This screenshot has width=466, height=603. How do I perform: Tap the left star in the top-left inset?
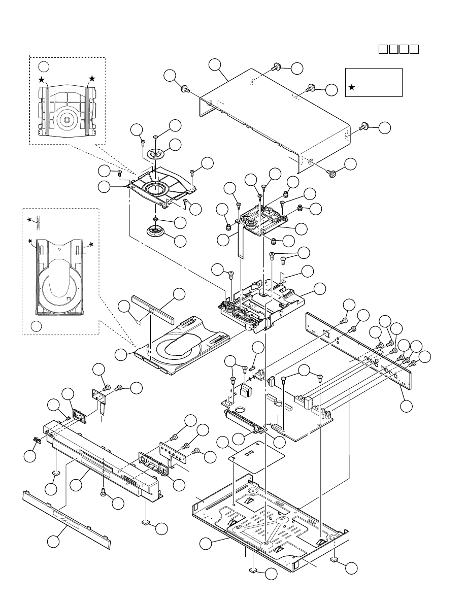tap(42, 80)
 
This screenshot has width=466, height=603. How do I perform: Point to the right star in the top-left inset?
tap(92, 79)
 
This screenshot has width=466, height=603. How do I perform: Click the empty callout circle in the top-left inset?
tap(45, 66)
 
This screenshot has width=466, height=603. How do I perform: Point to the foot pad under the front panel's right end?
tap(145, 522)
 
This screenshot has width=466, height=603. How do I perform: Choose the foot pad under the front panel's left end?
tap(55, 474)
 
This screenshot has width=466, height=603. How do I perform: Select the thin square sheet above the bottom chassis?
tap(255, 455)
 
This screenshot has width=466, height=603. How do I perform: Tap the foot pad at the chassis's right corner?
tap(335, 559)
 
